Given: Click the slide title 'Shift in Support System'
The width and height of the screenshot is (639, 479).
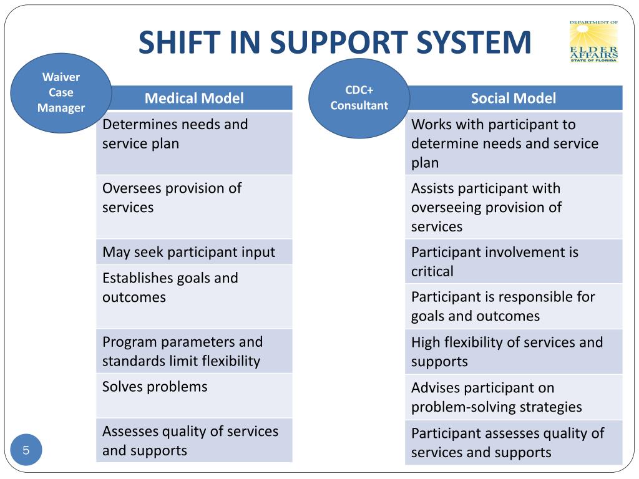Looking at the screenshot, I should tap(334, 42).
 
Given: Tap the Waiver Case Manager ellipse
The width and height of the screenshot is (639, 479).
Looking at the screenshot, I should tap(61, 93).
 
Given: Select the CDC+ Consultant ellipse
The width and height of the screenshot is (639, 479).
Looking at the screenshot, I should tap(359, 98).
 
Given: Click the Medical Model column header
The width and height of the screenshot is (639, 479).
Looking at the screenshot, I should tap(194, 98).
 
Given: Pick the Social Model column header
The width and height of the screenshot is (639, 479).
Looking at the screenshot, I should tap(513, 98).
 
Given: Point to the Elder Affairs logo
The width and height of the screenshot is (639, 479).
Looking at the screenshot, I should tap(593, 42).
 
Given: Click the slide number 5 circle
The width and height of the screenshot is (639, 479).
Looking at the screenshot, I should tap(26, 450).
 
